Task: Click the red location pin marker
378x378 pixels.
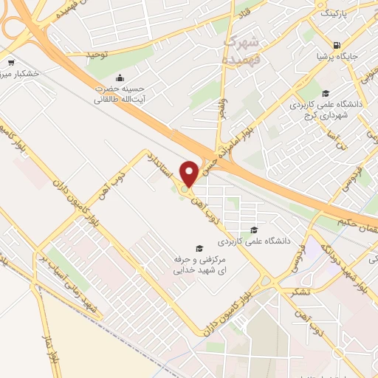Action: [x=189, y=173]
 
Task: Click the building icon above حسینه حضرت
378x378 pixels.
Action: [x=119, y=77]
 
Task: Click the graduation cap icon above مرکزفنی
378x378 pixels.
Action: [x=198, y=248]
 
